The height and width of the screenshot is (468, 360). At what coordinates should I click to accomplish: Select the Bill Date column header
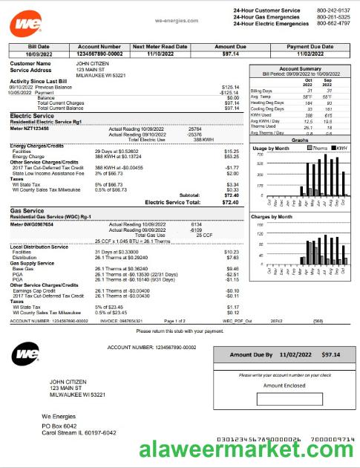point(36,46)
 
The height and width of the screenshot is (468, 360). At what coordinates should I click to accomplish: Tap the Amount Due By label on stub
point(252,355)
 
